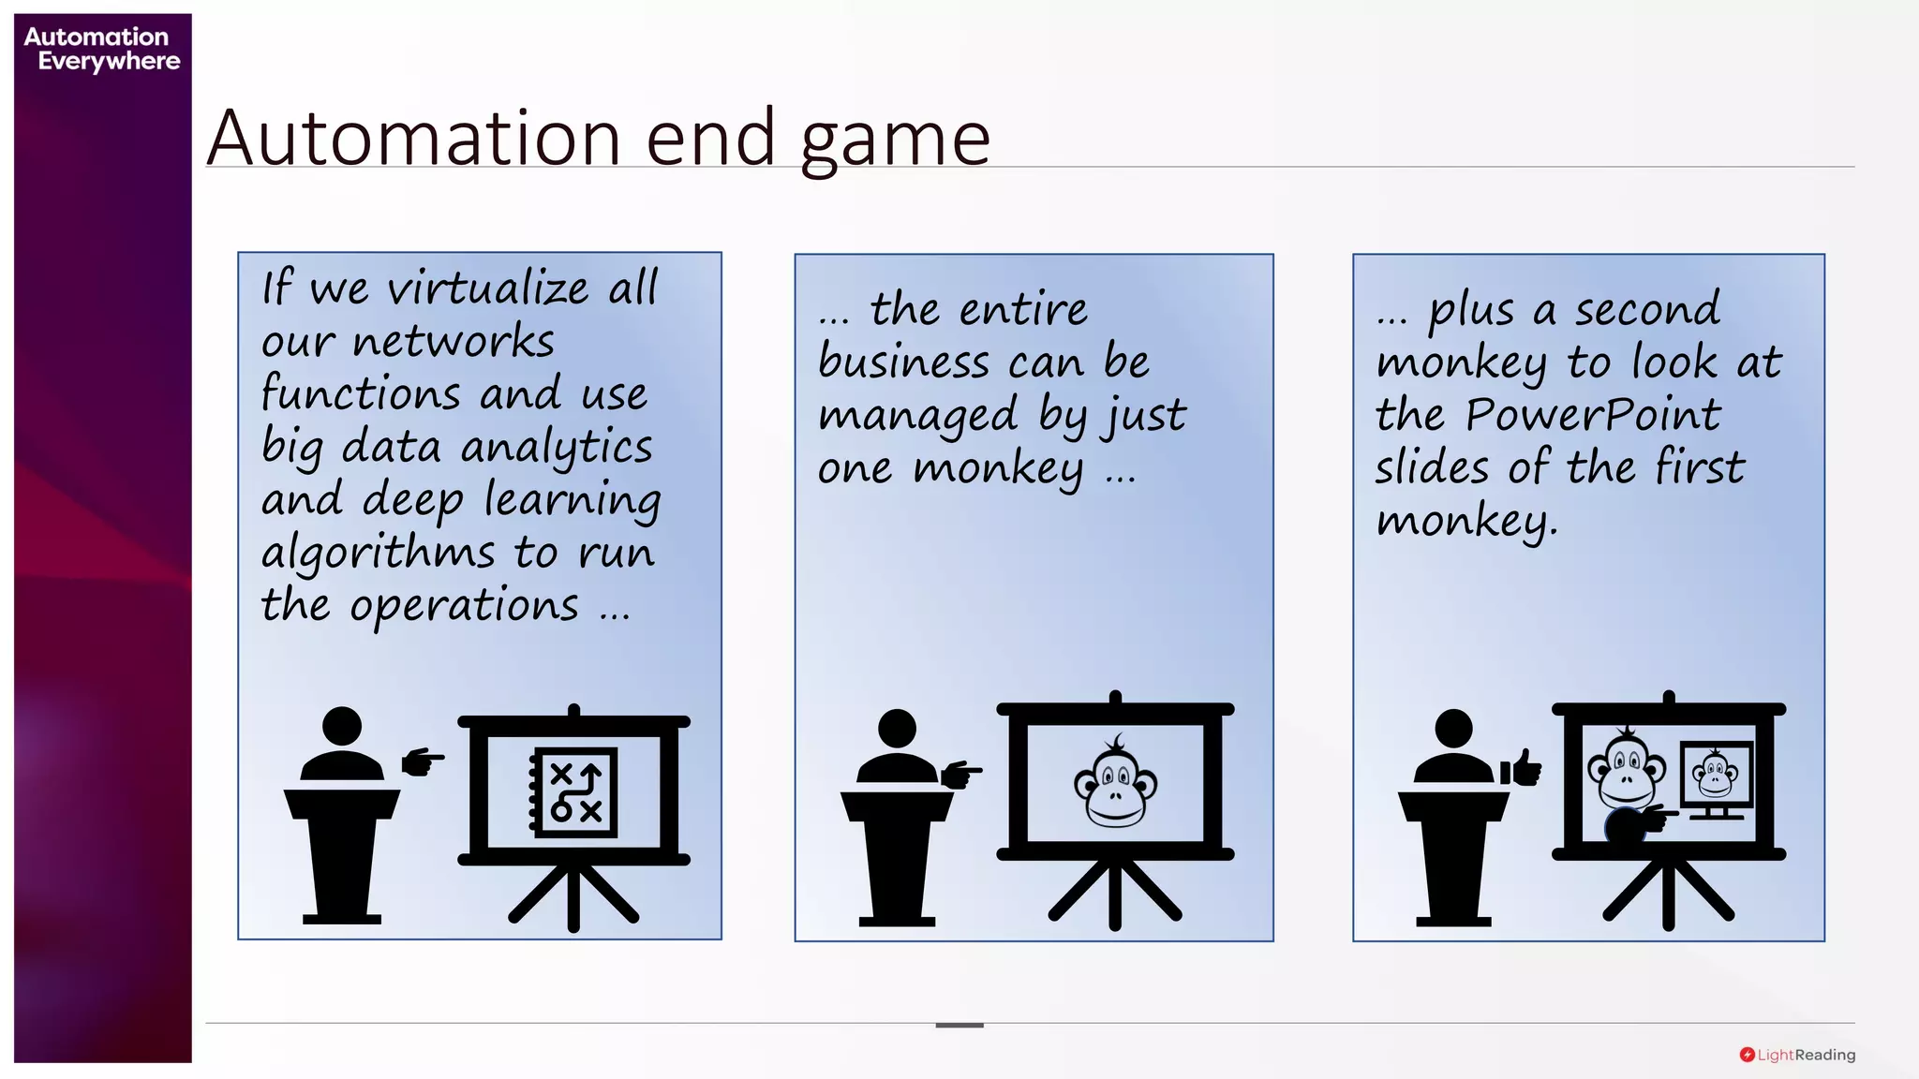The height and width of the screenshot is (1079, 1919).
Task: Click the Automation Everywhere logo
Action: click(101, 49)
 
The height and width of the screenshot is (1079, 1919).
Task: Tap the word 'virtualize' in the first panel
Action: click(488, 288)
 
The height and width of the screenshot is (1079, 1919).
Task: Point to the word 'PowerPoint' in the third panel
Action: click(1593, 415)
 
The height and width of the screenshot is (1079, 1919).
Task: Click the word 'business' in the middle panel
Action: click(903, 362)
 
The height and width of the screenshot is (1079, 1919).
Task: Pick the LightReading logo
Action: click(1797, 1055)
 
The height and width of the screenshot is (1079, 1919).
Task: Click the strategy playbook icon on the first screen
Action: click(574, 791)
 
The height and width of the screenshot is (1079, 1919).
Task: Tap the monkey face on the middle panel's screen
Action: click(1115, 782)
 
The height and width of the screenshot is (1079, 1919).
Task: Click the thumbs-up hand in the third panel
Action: click(1521, 768)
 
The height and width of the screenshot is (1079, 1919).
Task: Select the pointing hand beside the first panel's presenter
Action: click(423, 761)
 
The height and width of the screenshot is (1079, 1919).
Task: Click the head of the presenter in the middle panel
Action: click(897, 729)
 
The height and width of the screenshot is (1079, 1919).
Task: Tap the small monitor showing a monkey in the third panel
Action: click(1716, 776)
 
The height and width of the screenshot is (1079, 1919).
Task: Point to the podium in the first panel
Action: click(342, 852)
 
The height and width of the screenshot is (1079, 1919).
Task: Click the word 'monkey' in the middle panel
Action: click(998, 468)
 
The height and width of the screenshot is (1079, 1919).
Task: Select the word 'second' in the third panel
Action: click(1646, 310)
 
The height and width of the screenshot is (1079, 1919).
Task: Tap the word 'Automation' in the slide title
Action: click(414, 139)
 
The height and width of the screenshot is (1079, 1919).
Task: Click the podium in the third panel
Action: click(1453, 854)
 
